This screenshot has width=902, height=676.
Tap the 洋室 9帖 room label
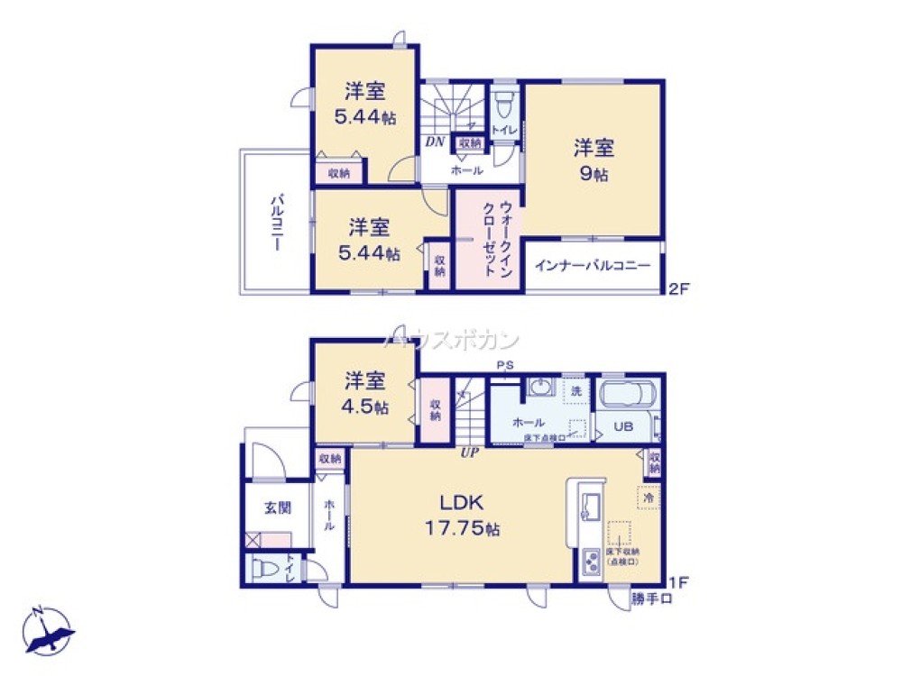pyautogui.click(x=593, y=160)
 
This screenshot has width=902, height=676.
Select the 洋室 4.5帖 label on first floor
pyautogui.click(x=365, y=394)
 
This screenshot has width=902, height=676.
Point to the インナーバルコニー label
pyautogui.click(x=593, y=266)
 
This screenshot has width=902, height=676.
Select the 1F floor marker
pyautogui.click(x=677, y=581)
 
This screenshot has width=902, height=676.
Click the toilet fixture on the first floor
pyautogui.click(x=264, y=569)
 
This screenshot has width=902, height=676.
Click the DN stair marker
pyautogui.click(x=434, y=142)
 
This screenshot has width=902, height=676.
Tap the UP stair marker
pyautogui.click(x=469, y=452)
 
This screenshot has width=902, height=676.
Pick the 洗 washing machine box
pyautogui.click(x=575, y=391)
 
